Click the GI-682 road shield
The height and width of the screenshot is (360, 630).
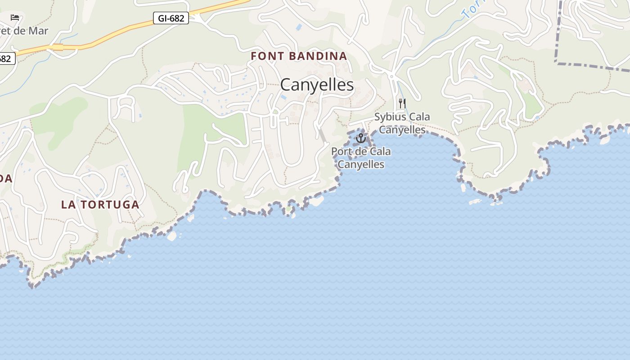tap(171, 18)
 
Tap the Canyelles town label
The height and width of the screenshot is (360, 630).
tap(317, 85)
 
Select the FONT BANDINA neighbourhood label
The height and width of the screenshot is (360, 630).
tap(299, 56)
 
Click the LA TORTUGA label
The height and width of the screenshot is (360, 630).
tap(100, 204)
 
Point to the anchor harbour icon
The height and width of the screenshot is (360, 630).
tap(360, 138)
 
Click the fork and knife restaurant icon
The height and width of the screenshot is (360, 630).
tap(402, 103)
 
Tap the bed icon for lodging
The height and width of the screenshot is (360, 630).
tap(15, 18)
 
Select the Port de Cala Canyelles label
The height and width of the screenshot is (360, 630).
tap(361, 157)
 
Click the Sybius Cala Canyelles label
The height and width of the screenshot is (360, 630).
tap(402, 123)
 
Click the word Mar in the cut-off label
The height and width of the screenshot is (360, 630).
tap(38, 31)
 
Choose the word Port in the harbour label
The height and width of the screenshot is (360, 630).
tap(340, 152)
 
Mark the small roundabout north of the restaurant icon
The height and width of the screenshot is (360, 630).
tap(392, 76)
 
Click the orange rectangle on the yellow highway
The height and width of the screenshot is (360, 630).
tap(58, 47)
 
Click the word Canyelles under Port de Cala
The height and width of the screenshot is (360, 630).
tap(361, 164)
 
